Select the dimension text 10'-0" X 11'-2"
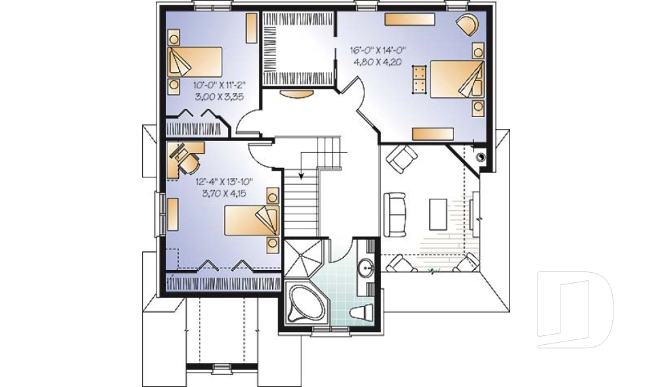click(x=219, y=86)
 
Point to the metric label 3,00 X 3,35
click(x=219, y=97)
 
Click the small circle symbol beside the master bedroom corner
click(x=482, y=156)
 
